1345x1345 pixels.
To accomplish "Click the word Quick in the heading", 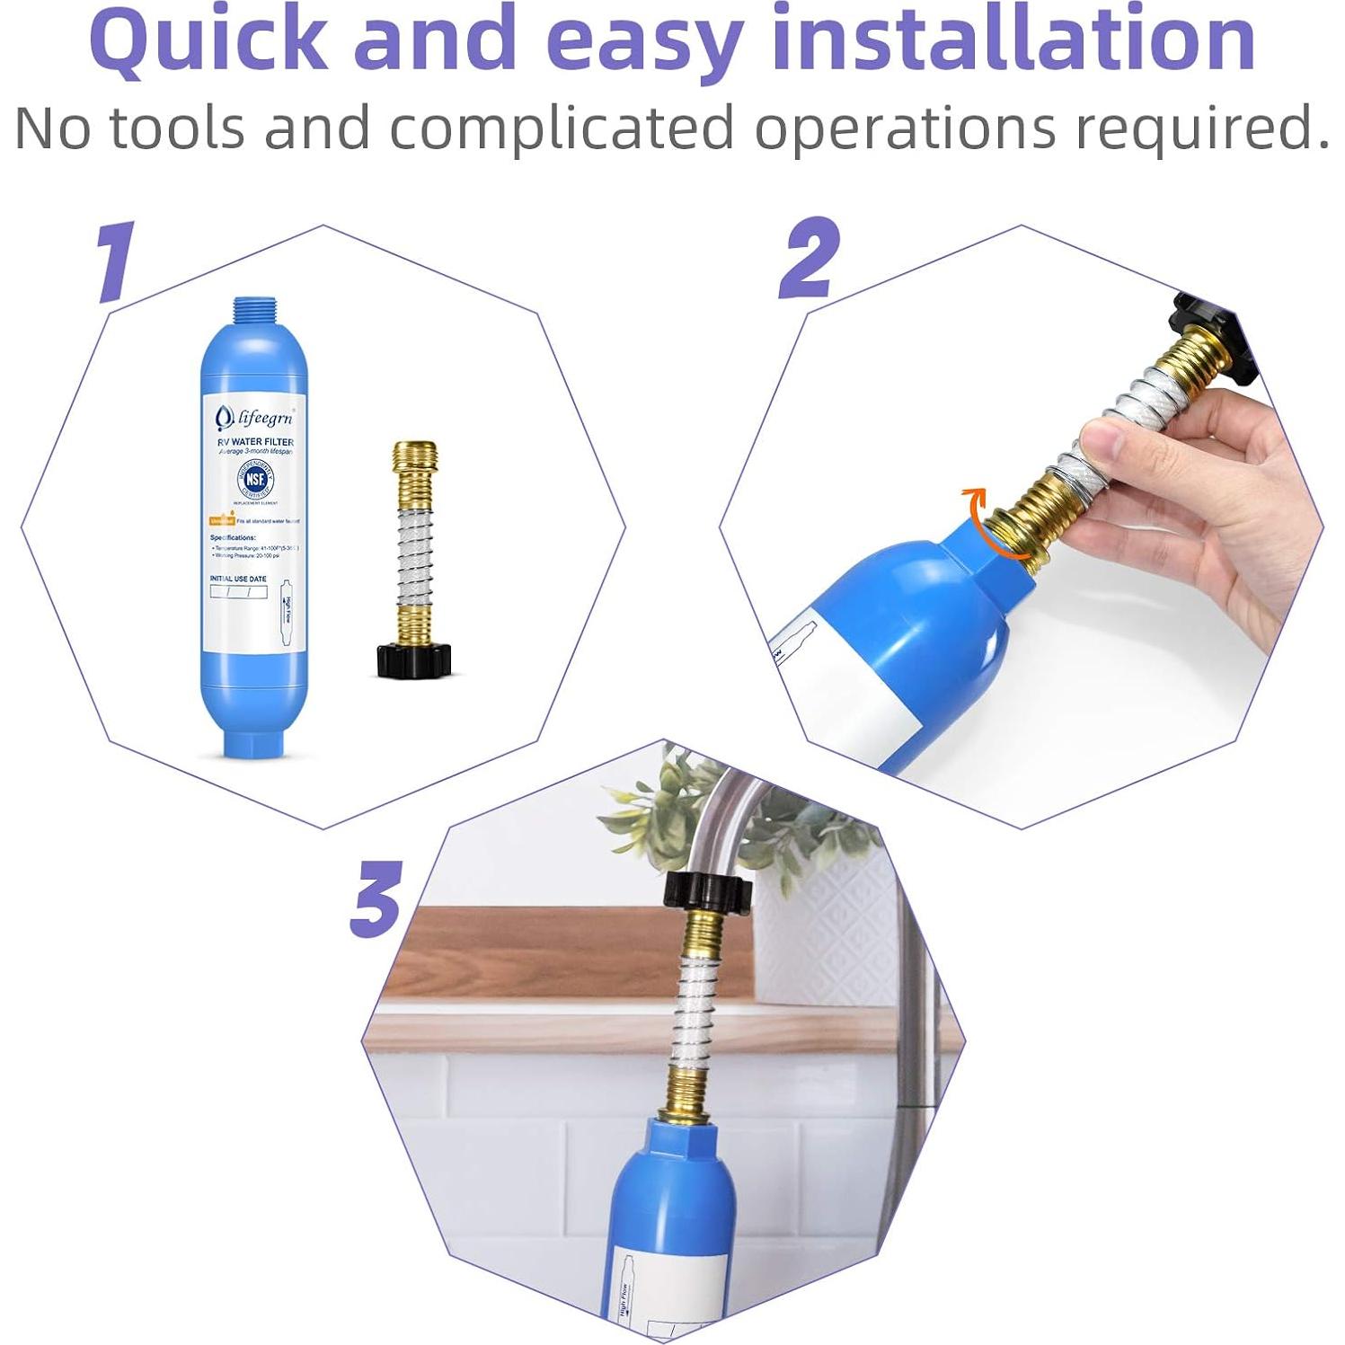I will click(x=208, y=40).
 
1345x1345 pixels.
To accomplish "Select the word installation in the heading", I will click(x=1013, y=40).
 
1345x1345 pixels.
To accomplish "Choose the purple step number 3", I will click(x=376, y=898).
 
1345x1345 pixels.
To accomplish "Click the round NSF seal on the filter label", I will click(x=255, y=479).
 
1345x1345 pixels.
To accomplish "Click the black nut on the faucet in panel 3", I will click(x=707, y=893).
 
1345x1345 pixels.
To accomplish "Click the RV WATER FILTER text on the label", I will click(x=255, y=442).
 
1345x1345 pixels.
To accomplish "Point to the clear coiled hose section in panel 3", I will click(x=692, y=1006).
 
